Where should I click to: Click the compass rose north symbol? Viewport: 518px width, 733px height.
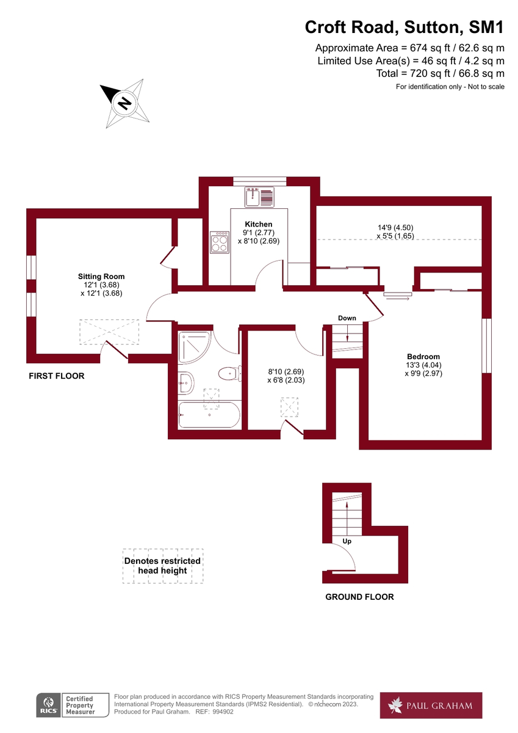[124, 103]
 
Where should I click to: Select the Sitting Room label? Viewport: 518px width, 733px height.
[101, 277]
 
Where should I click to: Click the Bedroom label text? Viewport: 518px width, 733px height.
[423, 357]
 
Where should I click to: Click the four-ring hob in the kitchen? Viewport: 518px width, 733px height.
[220, 243]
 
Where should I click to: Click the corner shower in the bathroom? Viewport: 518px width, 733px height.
[193, 348]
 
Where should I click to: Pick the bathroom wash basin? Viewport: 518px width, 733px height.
[185, 383]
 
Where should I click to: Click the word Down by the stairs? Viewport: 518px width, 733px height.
[347, 318]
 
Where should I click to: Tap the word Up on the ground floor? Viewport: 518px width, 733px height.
[347, 541]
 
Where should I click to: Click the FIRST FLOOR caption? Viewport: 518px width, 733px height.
[57, 376]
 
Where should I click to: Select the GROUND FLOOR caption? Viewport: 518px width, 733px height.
[359, 597]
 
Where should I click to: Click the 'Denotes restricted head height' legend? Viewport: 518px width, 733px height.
[162, 566]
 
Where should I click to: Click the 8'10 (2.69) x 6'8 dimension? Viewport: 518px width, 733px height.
[286, 375]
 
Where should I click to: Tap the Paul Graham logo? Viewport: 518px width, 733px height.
[431, 706]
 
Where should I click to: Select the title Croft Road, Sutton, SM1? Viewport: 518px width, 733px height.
[405, 27]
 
